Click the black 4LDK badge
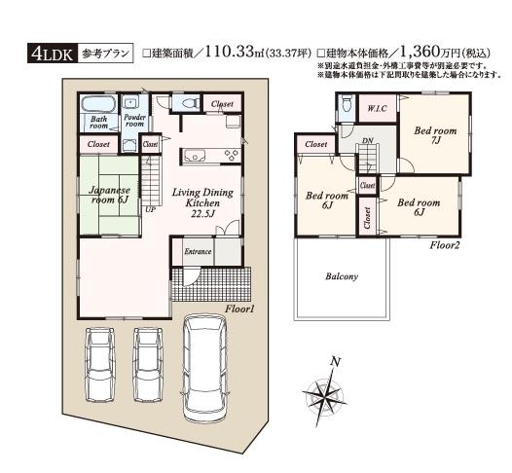[50, 55]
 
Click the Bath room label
[98, 122]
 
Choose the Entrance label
[199, 251]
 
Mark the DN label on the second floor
[368, 141]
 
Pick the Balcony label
[341, 276]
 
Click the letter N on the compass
[335, 362]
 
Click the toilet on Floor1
[185, 102]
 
